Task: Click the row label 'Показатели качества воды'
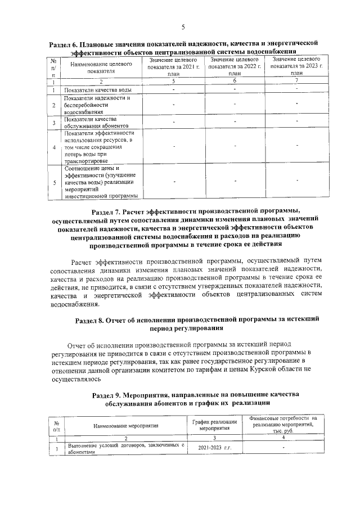98,90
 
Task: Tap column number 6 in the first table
233,82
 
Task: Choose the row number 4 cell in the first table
53,147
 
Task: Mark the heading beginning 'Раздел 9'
196,395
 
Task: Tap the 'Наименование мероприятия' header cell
126,426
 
